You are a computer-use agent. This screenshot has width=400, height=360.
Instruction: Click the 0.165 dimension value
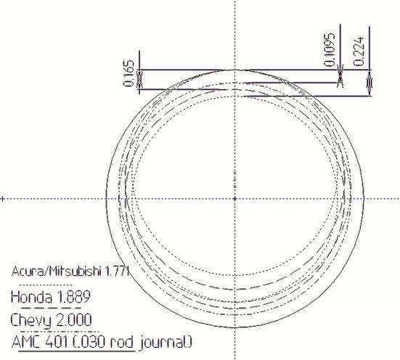point(128,73)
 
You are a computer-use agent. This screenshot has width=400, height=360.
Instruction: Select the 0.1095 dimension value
point(329,50)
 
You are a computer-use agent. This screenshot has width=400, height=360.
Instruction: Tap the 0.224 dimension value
point(359,52)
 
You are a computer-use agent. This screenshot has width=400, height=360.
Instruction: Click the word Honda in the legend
point(31,297)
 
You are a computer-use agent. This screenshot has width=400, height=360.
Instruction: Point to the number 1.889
point(73,297)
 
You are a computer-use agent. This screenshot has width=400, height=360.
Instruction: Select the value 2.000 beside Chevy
point(73,320)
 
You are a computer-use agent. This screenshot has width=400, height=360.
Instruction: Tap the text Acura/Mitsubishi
point(56,271)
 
